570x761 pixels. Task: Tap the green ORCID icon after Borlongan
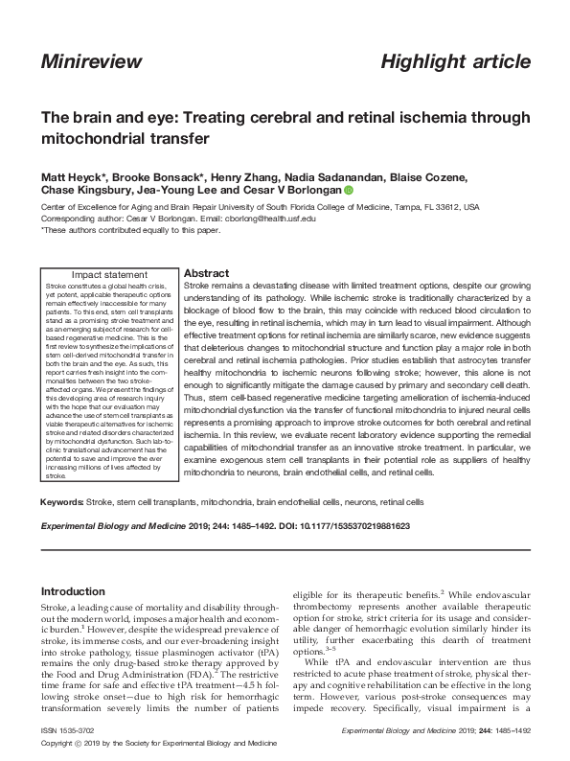(349, 191)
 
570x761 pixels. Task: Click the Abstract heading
(205, 273)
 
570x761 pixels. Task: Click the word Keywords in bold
(61, 501)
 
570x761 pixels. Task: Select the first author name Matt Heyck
(67, 178)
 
